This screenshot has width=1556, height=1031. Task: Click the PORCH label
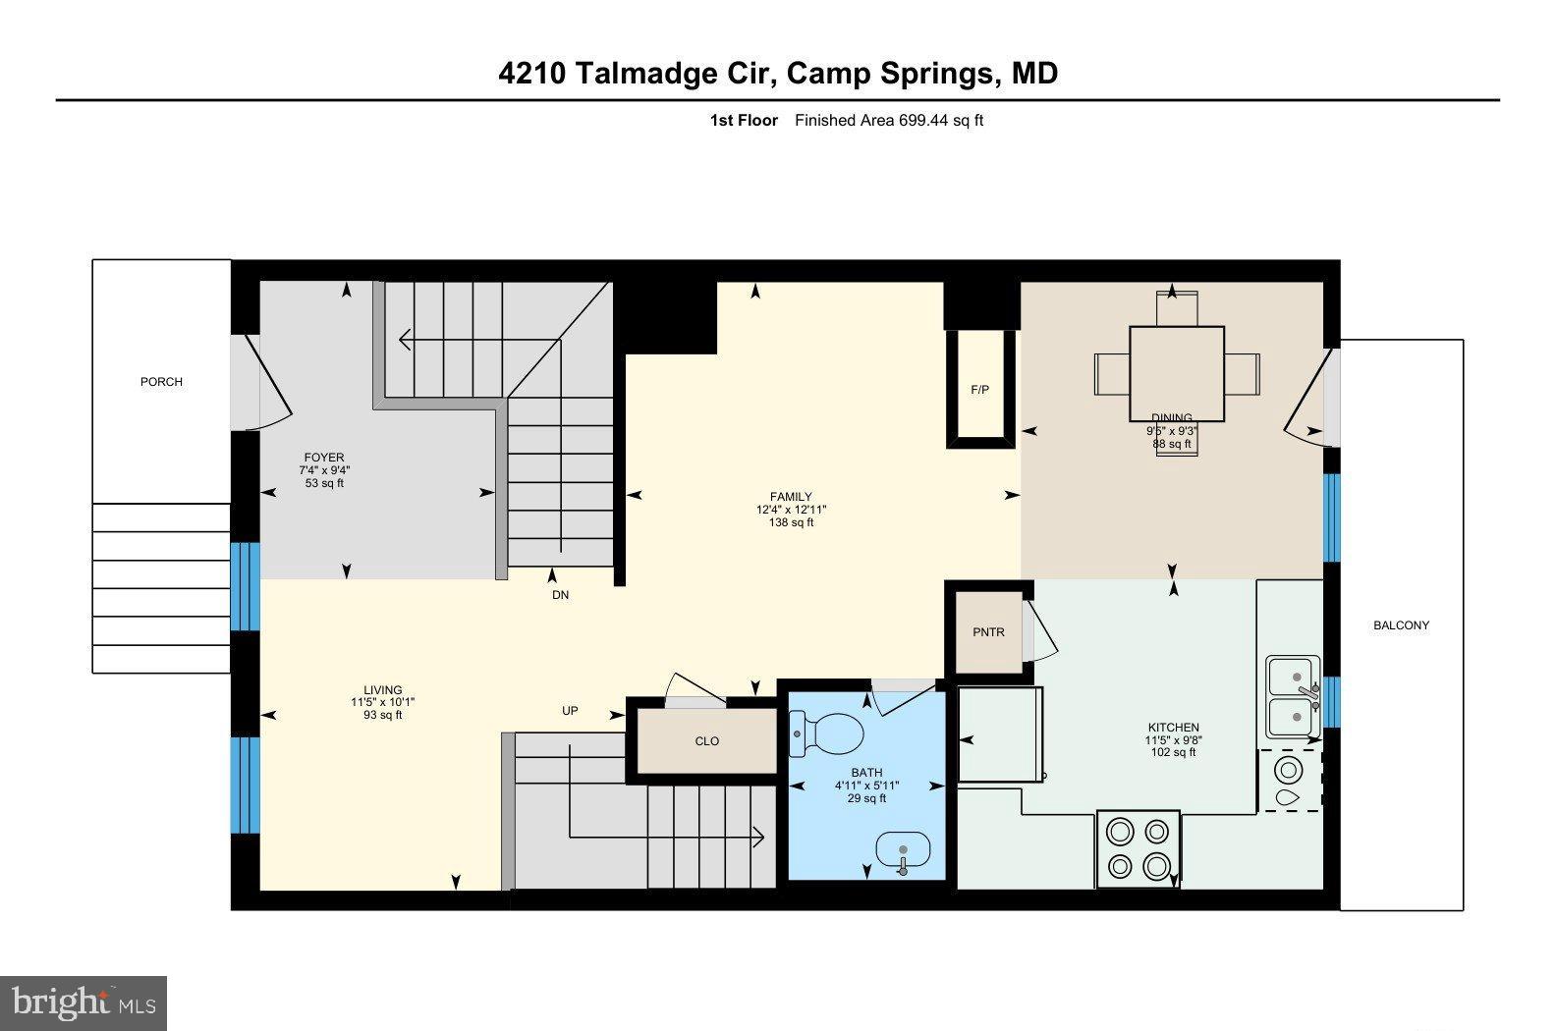pos(161,382)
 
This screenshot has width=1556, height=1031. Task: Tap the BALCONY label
pos(1401,625)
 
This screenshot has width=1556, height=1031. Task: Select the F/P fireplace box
pos(979,390)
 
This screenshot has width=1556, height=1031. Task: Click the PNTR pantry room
pos(988,632)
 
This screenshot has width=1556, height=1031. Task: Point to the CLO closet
pos(706,741)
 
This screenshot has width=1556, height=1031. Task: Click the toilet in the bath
pos(828,731)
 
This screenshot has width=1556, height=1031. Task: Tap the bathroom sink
pos(902,847)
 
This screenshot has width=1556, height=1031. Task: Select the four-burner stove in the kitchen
pos(1138,849)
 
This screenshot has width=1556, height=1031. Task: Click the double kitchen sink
pos(1293,697)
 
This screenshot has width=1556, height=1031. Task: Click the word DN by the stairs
pos(560,595)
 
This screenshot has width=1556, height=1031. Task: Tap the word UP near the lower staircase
pos(570,711)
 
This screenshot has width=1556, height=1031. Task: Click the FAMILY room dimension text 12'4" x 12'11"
pos(791,510)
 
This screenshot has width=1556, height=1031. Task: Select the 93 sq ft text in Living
pos(382,715)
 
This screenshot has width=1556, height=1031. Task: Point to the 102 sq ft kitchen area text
pos(1173,753)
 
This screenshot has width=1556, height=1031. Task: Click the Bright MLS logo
pos(83,1003)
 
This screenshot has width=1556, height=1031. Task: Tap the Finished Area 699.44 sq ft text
pos(888,121)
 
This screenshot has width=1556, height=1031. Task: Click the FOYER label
pos(324,458)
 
